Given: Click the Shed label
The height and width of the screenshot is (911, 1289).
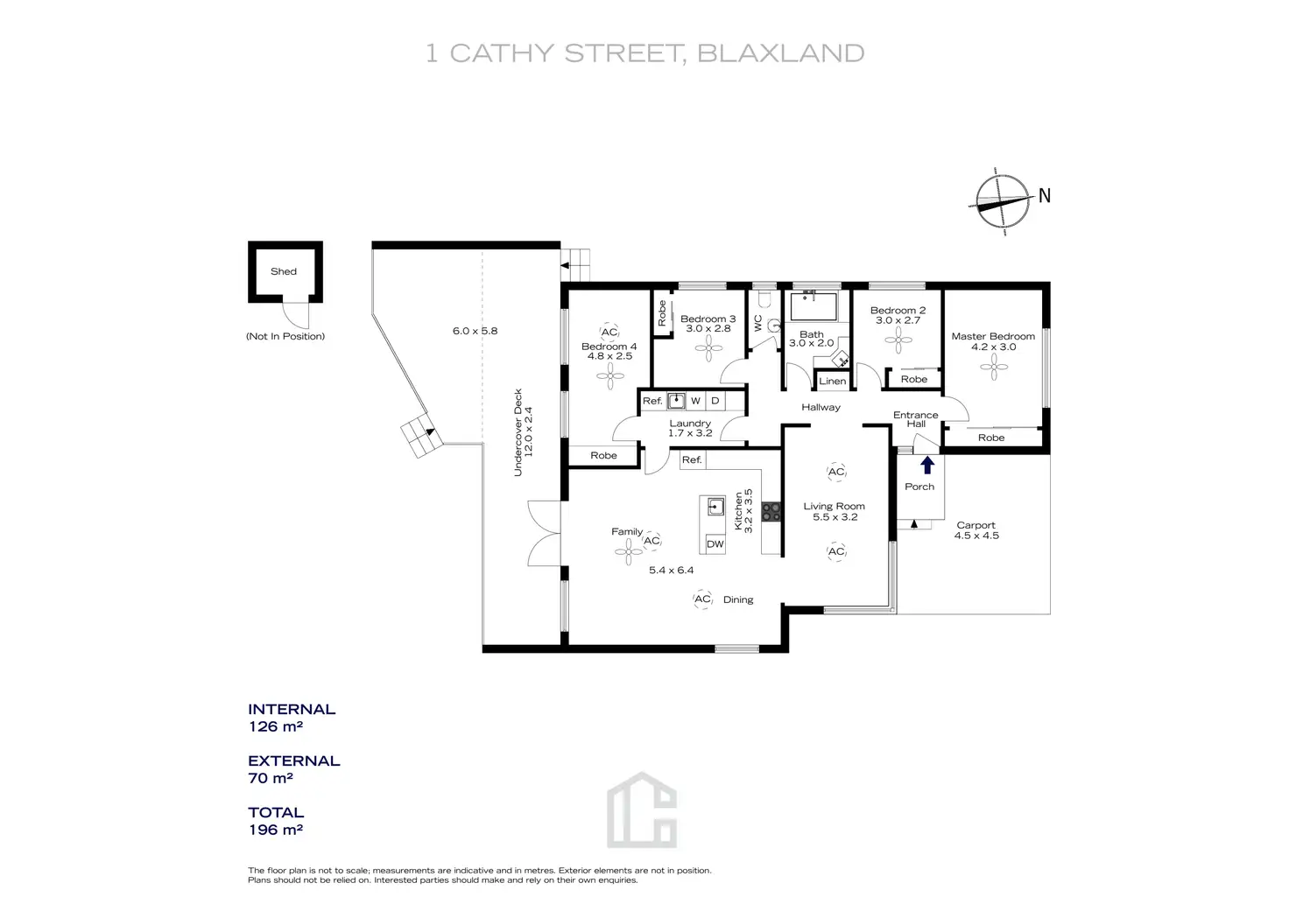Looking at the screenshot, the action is (284, 271).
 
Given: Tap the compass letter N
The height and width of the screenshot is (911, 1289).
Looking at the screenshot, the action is (1044, 196).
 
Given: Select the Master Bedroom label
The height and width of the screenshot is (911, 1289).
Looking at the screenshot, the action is (993, 336).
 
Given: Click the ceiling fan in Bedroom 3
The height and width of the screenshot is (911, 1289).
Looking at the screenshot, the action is (708, 347).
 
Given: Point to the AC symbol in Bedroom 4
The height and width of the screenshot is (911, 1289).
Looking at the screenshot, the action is (609, 333).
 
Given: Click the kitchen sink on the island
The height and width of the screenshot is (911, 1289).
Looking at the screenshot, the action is (715, 507).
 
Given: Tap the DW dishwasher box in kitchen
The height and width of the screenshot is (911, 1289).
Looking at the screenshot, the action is (715, 543).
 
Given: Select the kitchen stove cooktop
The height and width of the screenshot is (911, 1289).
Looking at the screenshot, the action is (771, 512).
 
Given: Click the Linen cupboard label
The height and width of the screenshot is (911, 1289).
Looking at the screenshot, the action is (833, 381).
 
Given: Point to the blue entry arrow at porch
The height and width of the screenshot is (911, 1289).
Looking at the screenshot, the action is (927, 465).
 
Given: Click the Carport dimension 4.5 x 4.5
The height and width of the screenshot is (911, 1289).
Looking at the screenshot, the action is (976, 536).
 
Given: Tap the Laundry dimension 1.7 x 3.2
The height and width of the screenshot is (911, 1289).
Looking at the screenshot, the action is (690, 433).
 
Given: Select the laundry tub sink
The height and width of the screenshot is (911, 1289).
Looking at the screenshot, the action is (676, 401).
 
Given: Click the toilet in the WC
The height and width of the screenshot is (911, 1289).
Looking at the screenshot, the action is (772, 325).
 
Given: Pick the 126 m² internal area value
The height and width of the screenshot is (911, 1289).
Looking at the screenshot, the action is (276, 726).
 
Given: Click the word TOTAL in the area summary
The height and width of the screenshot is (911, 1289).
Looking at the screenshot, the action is (276, 813).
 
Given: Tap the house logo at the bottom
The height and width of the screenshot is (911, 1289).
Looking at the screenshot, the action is (642, 810).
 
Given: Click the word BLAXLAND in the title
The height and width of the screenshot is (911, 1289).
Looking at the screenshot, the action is (781, 53).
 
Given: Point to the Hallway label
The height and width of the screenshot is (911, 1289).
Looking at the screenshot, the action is (821, 407).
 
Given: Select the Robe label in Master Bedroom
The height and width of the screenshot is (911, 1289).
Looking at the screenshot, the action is (991, 438).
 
